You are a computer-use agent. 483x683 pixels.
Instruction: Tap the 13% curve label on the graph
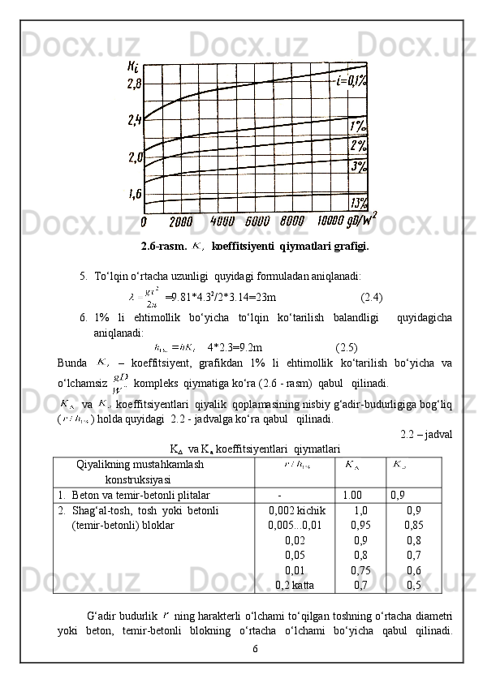[x=358, y=202]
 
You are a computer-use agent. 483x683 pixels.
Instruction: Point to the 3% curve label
[x=358, y=166]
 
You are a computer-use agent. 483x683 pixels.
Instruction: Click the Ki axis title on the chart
[x=132, y=67]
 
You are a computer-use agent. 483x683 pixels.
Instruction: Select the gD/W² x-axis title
[x=362, y=220]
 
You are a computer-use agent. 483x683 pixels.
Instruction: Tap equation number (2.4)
[x=372, y=296]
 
